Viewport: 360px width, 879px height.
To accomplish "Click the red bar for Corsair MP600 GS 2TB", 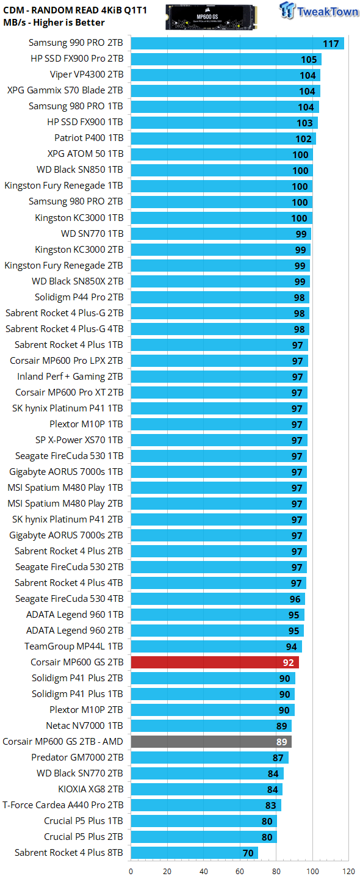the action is (x=215, y=662).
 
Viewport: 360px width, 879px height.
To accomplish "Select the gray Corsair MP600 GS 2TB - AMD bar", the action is (x=211, y=741).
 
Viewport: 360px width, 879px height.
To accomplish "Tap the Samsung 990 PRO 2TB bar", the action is (x=237, y=43).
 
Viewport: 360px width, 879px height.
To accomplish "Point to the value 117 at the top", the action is (x=331, y=43).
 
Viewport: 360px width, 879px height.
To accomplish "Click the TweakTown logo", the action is (x=319, y=10).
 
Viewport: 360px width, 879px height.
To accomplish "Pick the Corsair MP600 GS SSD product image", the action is (x=211, y=17).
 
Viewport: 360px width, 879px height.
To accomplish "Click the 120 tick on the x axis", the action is (x=348, y=872).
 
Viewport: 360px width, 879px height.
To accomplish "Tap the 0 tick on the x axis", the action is (x=131, y=872).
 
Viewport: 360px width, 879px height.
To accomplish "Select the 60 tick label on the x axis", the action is (x=240, y=872).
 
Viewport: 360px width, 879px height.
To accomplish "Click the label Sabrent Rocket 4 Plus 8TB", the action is (x=68, y=852).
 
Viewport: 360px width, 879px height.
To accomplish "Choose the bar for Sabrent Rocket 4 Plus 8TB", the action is (x=195, y=852).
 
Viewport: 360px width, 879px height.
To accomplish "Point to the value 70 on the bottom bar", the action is (x=248, y=853).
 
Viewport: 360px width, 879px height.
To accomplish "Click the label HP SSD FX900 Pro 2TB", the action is (x=77, y=59).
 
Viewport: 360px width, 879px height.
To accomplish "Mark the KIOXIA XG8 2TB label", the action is (x=90, y=789).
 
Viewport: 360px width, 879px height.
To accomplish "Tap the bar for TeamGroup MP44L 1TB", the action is (x=217, y=646).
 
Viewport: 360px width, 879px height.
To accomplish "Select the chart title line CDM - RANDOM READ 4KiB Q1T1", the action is (x=75, y=10).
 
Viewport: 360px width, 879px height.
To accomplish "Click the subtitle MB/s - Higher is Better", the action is (x=54, y=23).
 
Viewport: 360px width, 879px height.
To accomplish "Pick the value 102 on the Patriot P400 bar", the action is (x=303, y=139).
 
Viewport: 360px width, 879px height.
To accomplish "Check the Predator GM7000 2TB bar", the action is (x=210, y=758).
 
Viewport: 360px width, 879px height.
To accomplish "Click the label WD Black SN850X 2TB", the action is (x=77, y=281).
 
